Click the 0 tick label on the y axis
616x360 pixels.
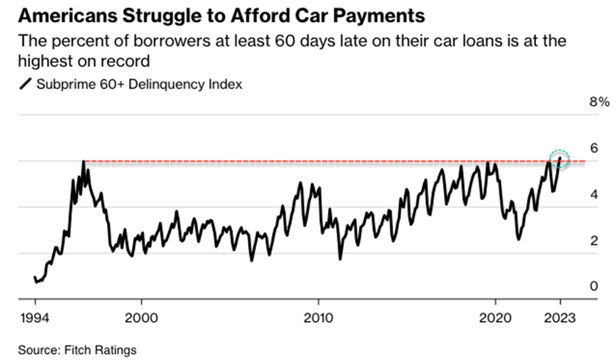595,286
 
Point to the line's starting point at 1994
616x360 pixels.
34,278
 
